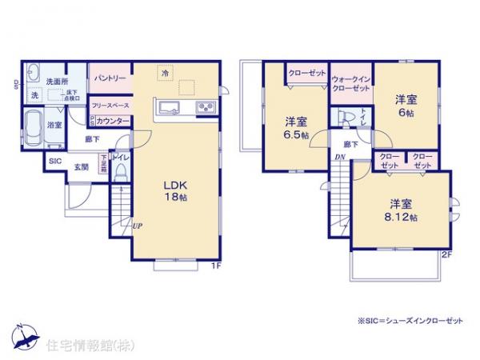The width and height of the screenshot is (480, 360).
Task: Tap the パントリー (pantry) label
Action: pos(109,78)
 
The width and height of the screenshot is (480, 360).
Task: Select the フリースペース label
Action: pos(110,105)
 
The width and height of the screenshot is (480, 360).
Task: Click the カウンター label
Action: pos(114,121)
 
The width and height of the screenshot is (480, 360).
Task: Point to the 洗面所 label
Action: pos(54,81)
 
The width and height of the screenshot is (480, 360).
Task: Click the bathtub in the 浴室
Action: pos(34,126)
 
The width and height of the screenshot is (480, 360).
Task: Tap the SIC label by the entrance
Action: pos(54,161)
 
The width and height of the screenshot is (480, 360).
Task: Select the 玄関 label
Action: pos(82,167)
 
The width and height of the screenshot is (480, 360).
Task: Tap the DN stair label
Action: pos(339,157)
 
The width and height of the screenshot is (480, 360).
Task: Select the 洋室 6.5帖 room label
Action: pos(297,129)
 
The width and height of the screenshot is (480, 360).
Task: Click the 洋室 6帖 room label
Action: pos(405,106)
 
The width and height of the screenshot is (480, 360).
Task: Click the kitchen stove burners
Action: pos(203,108)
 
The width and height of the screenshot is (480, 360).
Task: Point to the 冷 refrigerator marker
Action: pos(165,74)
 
